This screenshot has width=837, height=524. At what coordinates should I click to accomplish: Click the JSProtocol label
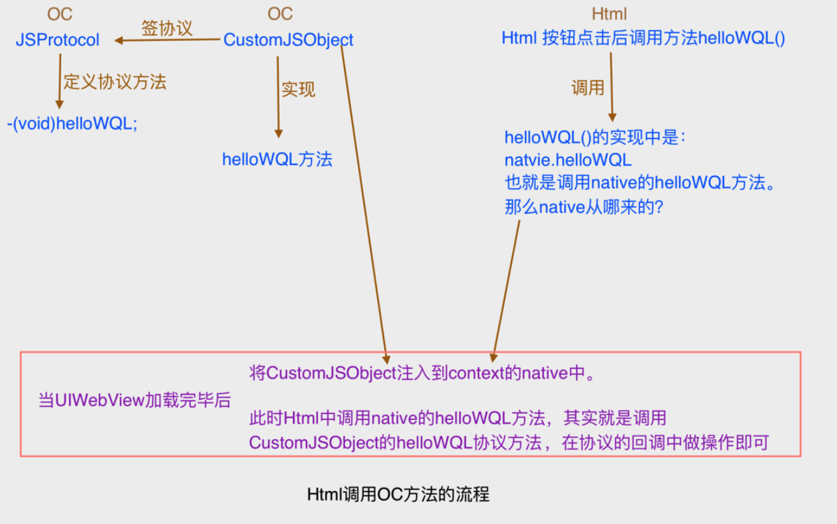pyautogui.click(x=57, y=40)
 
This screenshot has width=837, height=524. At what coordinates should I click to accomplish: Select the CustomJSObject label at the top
pyautogui.click(x=288, y=40)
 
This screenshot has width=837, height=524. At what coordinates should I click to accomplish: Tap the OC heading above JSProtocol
pyautogui.click(x=60, y=15)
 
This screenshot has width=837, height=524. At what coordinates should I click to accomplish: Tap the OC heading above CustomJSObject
pyautogui.click(x=280, y=15)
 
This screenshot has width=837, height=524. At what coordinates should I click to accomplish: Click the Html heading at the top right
pyautogui.click(x=610, y=15)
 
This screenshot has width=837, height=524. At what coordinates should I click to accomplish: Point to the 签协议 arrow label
pyautogui.click(x=166, y=28)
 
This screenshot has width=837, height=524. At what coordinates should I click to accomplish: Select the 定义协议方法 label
pyautogui.click(x=115, y=82)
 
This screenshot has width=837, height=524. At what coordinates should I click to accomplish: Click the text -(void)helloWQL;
pyautogui.click(x=72, y=124)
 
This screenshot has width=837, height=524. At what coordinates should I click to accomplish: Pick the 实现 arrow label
pyautogui.click(x=298, y=89)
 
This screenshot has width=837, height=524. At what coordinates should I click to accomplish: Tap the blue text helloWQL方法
pyautogui.click(x=277, y=159)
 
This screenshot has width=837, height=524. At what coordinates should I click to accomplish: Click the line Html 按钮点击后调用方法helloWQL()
pyautogui.click(x=643, y=38)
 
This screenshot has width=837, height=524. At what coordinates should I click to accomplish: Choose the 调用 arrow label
pyautogui.click(x=587, y=88)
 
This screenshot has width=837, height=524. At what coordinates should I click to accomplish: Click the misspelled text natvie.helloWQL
pyautogui.click(x=568, y=159)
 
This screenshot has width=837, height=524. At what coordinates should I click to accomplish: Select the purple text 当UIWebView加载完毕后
pyautogui.click(x=134, y=400)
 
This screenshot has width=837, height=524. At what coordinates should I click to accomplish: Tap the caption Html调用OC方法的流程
pyautogui.click(x=398, y=495)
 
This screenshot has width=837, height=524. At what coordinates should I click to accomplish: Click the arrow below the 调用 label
pyautogui.click(x=612, y=87)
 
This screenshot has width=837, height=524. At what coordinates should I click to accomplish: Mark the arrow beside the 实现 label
pyautogui.click(x=278, y=96)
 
